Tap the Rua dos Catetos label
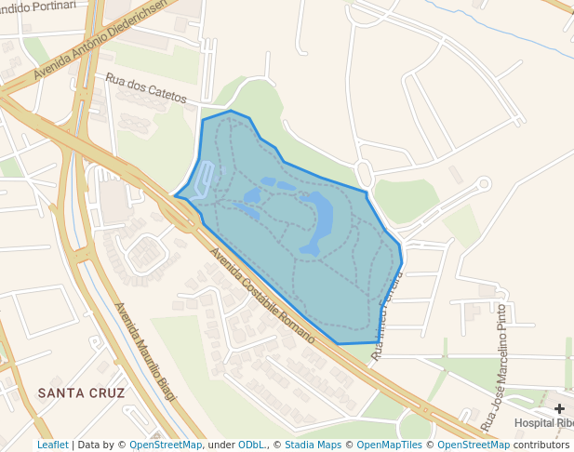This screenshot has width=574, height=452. click(x=146, y=88)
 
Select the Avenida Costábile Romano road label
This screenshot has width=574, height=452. click(x=261, y=295)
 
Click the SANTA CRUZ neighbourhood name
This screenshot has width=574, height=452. click(x=81, y=393)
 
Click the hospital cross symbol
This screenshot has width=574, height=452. click(x=560, y=408)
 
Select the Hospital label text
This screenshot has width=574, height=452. click(x=544, y=423)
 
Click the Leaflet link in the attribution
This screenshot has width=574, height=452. click(x=52, y=445)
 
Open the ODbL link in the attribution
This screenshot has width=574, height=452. click(x=252, y=445)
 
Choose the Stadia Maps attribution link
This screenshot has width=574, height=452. click(x=313, y=445)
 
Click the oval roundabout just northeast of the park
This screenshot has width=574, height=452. click(x=364, y=173)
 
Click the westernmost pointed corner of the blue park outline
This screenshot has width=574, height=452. click(x=174, y=195)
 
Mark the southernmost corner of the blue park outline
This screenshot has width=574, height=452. click(x=337, y=344)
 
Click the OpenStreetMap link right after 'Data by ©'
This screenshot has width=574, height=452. click(x=165, y=445)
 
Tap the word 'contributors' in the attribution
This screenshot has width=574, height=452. click(x=541, y=445)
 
